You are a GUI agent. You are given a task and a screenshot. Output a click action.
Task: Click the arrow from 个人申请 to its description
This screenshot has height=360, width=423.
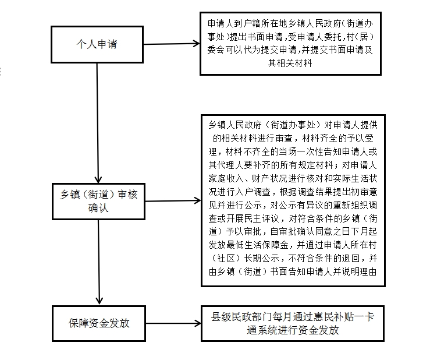172,44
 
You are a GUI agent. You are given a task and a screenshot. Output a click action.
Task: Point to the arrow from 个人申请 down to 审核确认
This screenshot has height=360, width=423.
98,123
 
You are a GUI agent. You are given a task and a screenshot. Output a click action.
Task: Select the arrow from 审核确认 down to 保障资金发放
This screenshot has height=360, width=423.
99,262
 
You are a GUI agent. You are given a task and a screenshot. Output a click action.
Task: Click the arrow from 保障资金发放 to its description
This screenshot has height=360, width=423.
173,323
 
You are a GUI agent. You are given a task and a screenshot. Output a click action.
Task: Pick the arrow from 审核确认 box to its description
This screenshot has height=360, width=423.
173,200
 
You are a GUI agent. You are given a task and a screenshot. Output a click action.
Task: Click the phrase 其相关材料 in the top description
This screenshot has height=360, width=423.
290,63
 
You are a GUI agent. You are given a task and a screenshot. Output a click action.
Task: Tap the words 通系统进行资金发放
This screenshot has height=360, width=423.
293,330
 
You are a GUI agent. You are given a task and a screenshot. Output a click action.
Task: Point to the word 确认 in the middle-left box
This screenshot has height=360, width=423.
98,208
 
